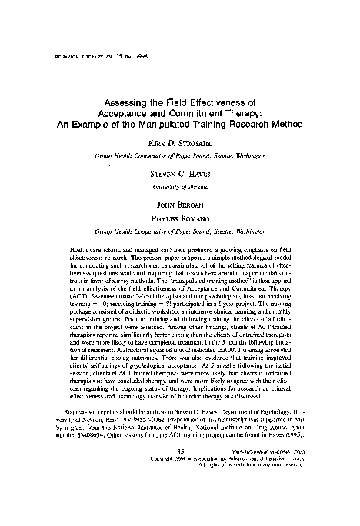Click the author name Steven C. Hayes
[x=182, y=174]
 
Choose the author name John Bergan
[x=182, y=205]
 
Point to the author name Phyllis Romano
[x=182, y=216]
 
